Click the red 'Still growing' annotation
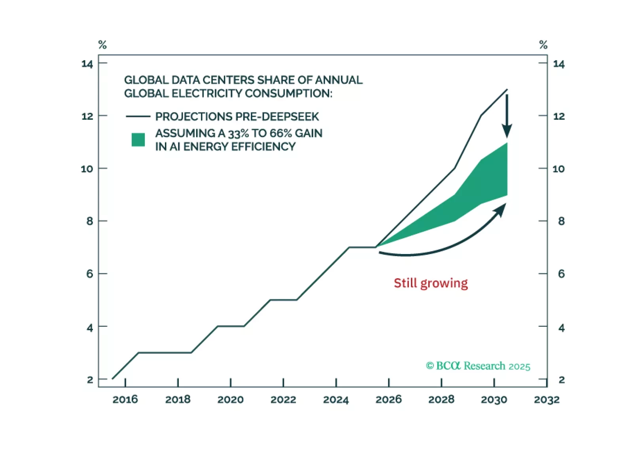(430, 283)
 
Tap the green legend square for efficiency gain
(138, 140)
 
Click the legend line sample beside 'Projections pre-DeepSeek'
(138, 117)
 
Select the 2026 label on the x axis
(388, 399)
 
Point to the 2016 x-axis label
(125, 399)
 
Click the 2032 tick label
(547, 399)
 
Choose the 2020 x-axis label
(230, 399)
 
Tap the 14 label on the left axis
(87, 64)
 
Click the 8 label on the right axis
(561, 221)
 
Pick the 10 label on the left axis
(87, 169)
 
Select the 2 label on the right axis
(561, 380)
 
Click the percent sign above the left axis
(102, 45)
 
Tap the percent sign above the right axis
(543, 45)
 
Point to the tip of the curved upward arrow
(505, 205)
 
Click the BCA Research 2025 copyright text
(478, 366)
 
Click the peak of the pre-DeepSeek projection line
(507, 90)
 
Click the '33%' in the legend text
(238, 134)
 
